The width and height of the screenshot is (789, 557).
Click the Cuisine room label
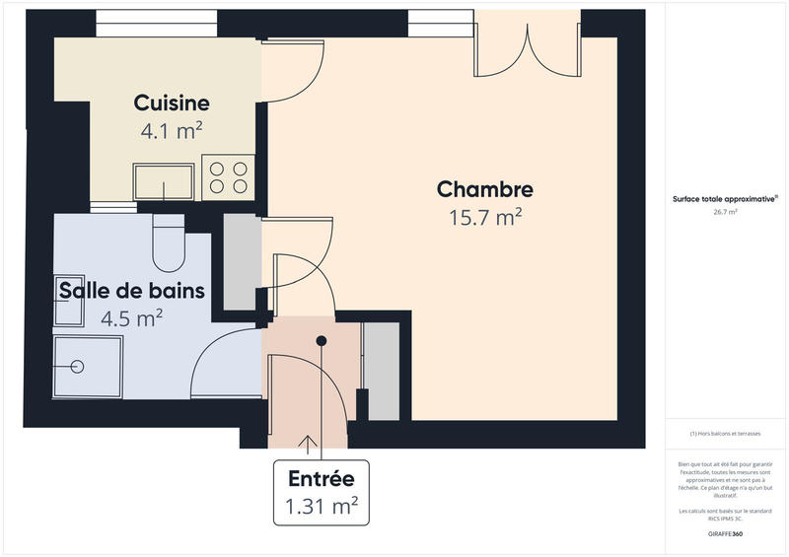pos(172,103)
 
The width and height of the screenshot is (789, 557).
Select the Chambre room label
pos(485,189)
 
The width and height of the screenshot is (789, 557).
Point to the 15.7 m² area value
pos(485,217)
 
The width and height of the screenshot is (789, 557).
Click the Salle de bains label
pos(132,291)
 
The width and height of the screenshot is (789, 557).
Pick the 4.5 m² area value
pos(132,317)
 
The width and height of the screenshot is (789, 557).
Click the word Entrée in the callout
pos(321,480)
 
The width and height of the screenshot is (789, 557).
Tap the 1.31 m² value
pos(321,507)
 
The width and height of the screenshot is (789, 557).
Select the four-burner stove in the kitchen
pos(228,176)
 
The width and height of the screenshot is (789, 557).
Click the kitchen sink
pos(164,182)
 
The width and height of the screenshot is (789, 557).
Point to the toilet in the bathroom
pos(168,243)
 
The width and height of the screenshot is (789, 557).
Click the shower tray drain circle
pos(77,366)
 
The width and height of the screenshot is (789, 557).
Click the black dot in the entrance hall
pos(321,341)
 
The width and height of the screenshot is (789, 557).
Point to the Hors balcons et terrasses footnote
pos(725,434)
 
